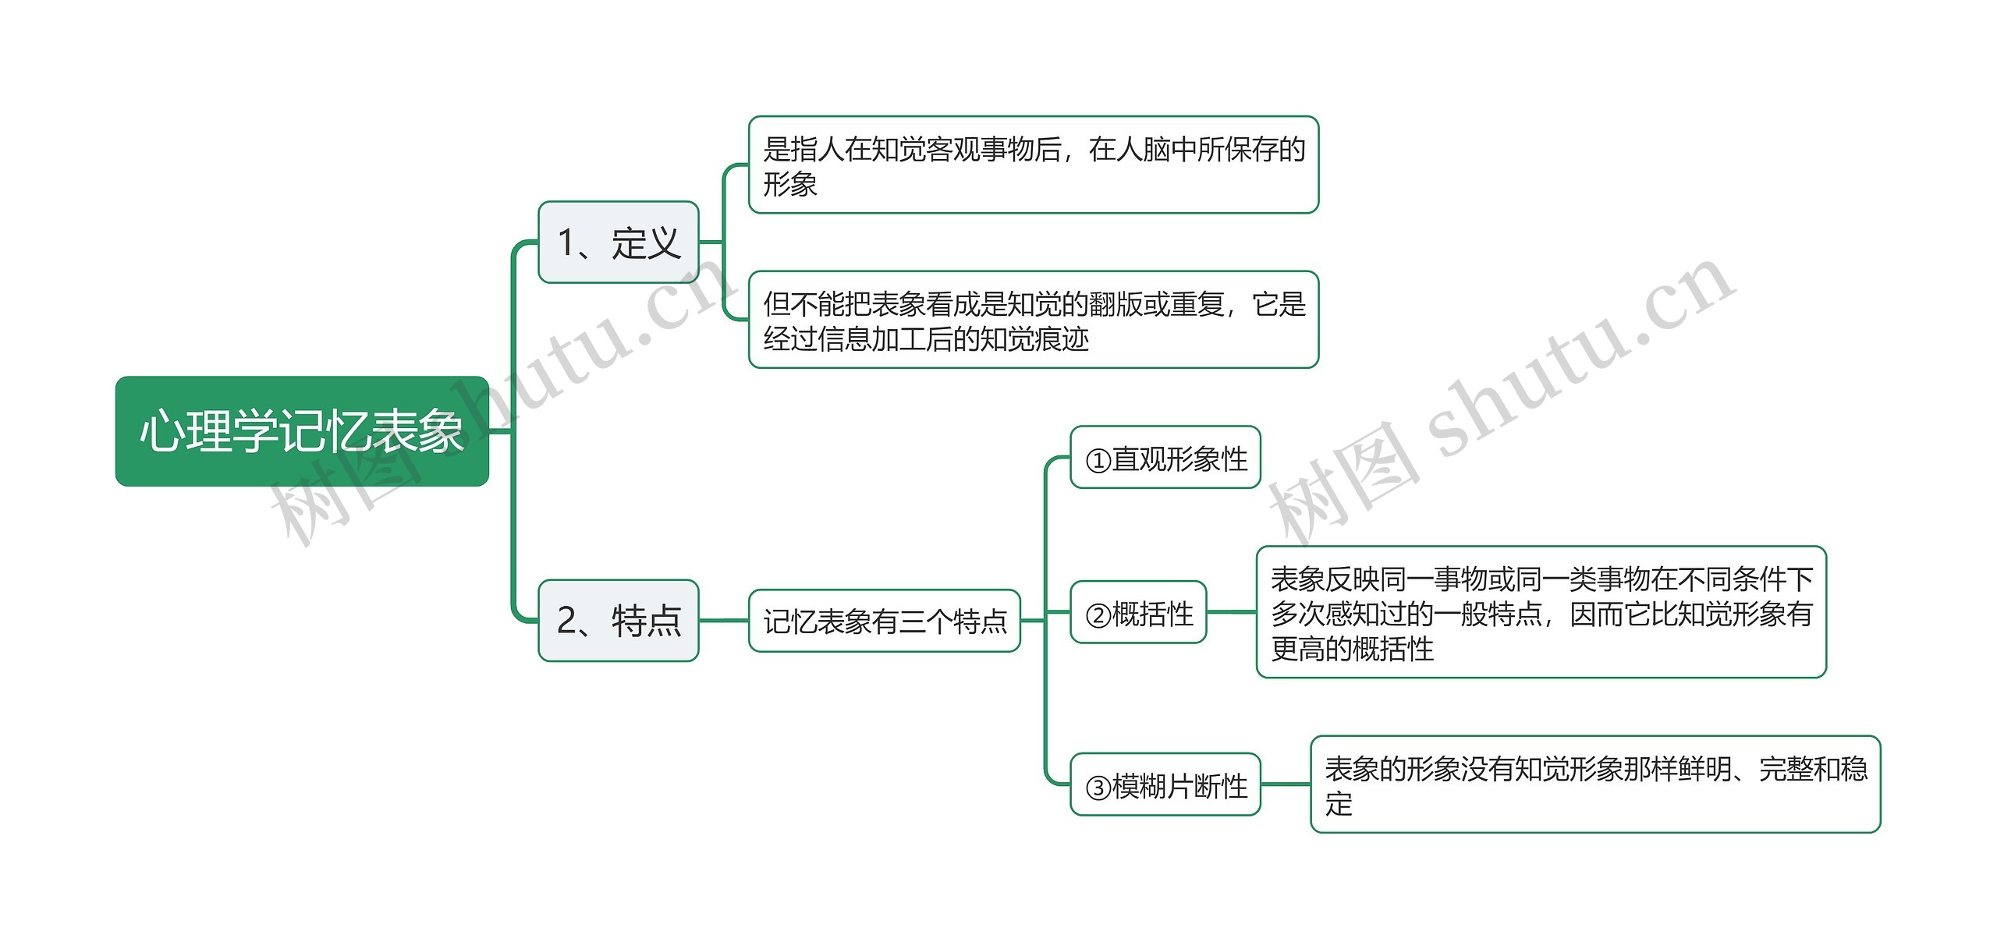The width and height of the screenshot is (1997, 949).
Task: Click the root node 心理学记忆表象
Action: point(302,431)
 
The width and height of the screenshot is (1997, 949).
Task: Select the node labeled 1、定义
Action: point(618,243)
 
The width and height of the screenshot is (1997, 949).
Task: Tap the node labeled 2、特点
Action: point(618,621)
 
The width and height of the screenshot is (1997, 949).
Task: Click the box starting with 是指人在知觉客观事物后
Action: point(1033,165)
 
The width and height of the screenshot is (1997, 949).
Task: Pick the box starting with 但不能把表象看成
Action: point(1033,320)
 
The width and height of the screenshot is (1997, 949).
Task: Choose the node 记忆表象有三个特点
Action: point(884,621)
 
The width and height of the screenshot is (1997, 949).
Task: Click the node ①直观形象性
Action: point(1165,459)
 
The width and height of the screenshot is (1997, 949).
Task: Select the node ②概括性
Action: point(1138,613)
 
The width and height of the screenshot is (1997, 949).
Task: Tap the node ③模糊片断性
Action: point(1165,785)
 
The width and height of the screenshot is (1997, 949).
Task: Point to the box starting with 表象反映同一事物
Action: point(1541,613)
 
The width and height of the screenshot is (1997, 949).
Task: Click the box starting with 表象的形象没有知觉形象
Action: point(1595,784)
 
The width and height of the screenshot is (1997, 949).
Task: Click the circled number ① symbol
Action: point(1098,461)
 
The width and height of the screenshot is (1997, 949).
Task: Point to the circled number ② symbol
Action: point(1098,616)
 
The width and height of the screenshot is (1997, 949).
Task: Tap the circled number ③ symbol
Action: point(1098,788)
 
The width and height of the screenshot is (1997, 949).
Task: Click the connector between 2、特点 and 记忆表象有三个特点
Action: point(723,621)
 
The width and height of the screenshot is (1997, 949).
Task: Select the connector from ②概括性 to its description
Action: point(1231,613)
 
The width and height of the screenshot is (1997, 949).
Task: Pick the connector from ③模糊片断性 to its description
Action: point(1285,784)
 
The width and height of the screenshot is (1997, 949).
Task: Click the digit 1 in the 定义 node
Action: point(566,243)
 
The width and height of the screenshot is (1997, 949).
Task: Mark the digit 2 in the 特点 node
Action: point(567,621)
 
